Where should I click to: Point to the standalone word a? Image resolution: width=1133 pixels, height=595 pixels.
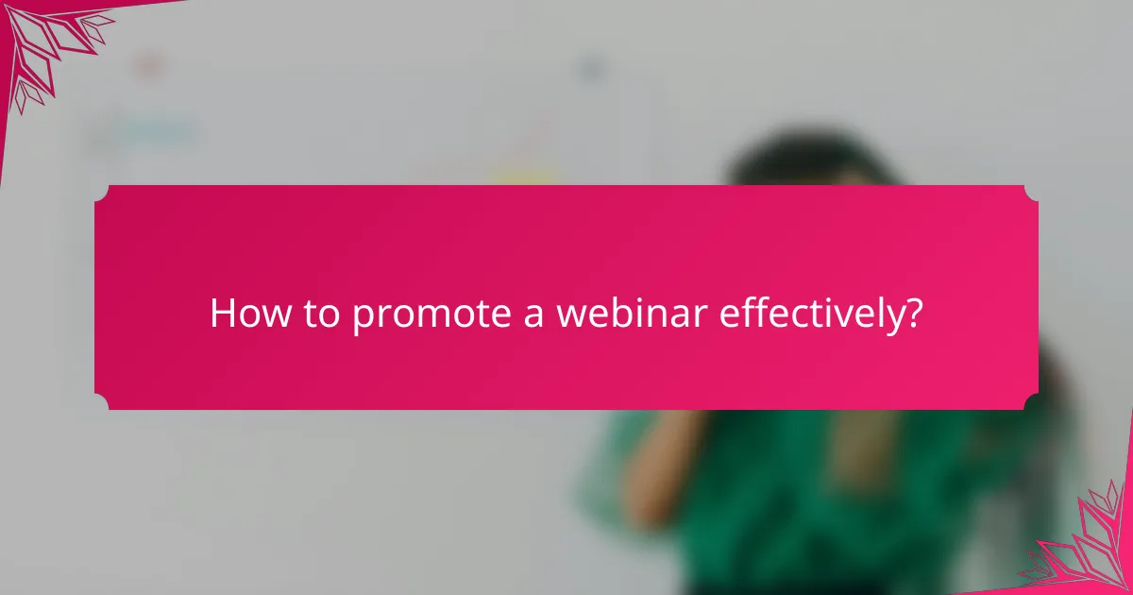coord(533,314)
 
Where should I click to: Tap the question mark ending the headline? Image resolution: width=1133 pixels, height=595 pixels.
coord(912,313)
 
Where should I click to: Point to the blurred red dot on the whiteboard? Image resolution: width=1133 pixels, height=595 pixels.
coord(147,66)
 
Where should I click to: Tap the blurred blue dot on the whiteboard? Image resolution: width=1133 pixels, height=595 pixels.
coord(590,68)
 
